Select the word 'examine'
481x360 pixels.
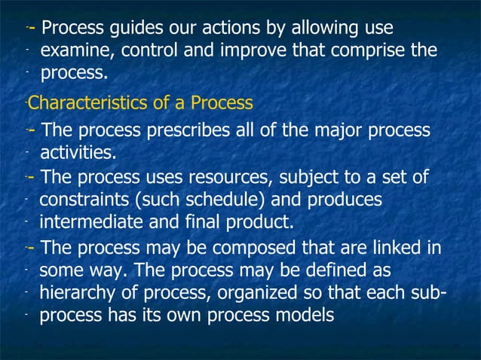pyautogui.click(x=74, y=52)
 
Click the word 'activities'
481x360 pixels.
pyautogui.click(x=78, y=154)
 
